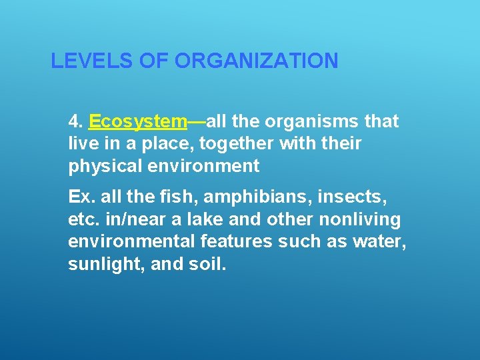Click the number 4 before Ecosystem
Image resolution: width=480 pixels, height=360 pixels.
pos(73,121)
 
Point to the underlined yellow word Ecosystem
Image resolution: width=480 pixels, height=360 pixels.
pos(137,122)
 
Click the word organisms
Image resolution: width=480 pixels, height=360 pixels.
pos(319,121)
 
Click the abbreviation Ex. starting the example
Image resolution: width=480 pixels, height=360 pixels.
pos(79,197)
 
